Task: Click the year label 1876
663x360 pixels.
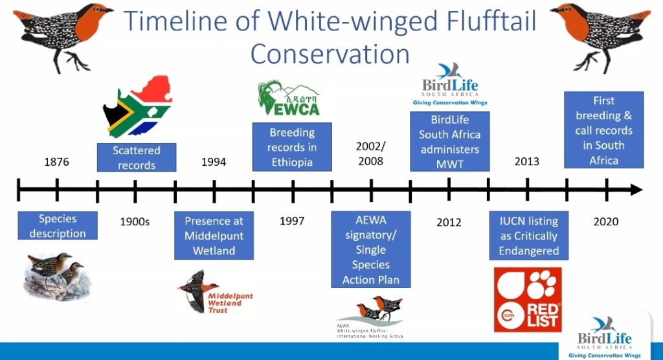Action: (56, 161)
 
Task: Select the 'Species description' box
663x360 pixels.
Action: (57, 225)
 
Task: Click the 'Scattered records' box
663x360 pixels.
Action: (137, 157)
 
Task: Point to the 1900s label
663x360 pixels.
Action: (135, 221)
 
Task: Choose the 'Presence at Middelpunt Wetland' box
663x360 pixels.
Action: (214, 236)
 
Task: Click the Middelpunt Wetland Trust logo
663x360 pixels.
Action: (215, 292)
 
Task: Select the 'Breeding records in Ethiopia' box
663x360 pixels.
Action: (292, 147)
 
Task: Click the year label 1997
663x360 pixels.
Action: (292, 221)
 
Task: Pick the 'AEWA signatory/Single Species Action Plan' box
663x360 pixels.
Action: (371, 250)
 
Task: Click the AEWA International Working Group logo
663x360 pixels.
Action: (370, 317)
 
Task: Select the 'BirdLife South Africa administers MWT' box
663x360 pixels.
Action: (449, 142)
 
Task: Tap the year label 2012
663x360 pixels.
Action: (449, 222)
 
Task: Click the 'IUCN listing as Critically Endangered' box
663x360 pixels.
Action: (528, 236)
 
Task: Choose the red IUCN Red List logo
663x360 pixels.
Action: (528, 299)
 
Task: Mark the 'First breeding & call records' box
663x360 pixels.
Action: (604, 130)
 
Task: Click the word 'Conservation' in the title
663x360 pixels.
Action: (330, 54)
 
